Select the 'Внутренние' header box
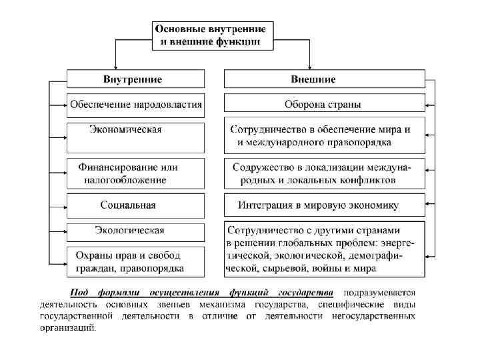(x=133, y=79)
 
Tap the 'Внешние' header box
(x=323, y=79)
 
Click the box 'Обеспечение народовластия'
(x=136, y=105)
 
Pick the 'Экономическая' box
(x=135, y=137)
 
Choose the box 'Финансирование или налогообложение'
(x=135, y=173)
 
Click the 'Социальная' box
(x=135, y=205)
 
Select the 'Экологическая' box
(x=135, y=231)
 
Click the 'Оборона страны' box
(x=323, y=105)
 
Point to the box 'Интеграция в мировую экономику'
(x=323, y=205)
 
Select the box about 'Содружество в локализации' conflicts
(x=323, y=173)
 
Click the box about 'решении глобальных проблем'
(x=323, y=249)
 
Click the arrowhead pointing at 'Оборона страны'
(x=429, y=105)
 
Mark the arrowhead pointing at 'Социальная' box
(x=63, y=205)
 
